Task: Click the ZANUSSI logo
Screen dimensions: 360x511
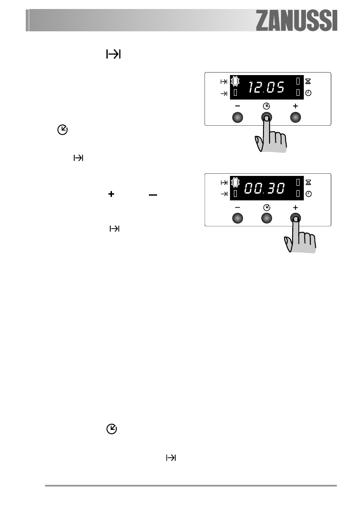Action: [297, 21]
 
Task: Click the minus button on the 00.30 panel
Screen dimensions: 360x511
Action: [237, 218]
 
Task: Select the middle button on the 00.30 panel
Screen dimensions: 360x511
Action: [266, 218]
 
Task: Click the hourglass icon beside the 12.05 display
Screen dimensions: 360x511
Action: [308, 81]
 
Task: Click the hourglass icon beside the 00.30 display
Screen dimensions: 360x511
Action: [308, 182]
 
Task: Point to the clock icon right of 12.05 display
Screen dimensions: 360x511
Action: [308, 93]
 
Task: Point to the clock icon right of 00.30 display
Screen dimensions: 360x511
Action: [308, 194]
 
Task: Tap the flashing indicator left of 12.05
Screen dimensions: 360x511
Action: [235, 81]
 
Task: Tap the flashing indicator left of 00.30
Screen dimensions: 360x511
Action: [235, 182]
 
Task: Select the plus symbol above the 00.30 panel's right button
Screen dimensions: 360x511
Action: [295, 207]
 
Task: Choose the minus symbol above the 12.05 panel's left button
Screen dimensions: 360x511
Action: [237, 106]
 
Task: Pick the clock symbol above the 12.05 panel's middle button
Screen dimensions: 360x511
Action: [266, 106]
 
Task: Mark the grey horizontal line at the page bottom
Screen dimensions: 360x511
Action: [191, 486]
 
